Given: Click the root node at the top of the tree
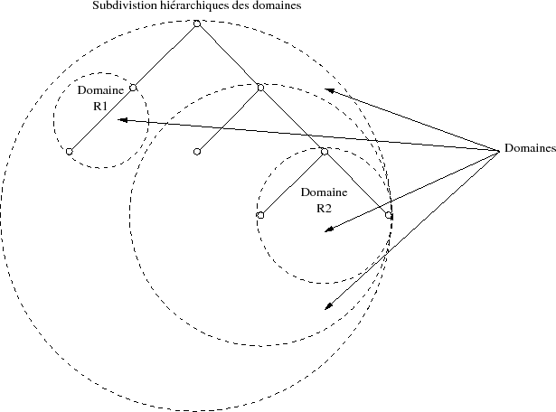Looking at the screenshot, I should coord(197,23).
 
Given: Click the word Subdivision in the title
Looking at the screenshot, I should coord(120,6).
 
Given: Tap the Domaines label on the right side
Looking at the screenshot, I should coord(530,148).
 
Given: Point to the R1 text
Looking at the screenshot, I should coord(100,106).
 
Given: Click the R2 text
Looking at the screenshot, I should coord(324,208).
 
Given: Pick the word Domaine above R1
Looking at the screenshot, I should coord(100,92).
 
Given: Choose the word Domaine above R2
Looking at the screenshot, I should coord(324,193).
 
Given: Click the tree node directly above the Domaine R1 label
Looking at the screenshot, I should coord(133,87).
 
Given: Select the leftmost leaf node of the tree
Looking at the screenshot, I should coord(69,151).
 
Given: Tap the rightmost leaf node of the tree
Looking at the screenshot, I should coord(388,215).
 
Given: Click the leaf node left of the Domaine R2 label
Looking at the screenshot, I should coord(260,215).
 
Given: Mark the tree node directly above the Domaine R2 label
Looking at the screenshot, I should coord(324,151).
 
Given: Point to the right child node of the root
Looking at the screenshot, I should coord(260,87).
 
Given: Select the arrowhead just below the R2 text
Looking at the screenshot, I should coord(327,232).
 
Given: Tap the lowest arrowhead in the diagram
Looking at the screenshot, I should coord(328,308).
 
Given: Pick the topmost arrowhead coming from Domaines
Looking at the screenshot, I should coord(329,89).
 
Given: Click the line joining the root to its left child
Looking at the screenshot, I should coord(165,55).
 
